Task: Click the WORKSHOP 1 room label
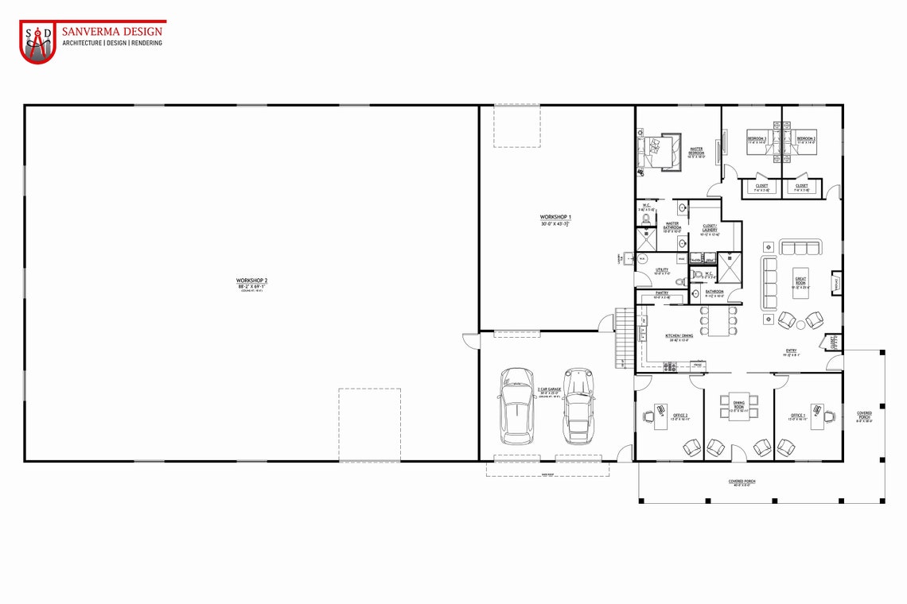[x=556, y=217]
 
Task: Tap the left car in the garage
[x=517, y=405]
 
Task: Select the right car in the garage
[x=578, y=405]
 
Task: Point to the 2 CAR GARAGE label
[x=550, y=389]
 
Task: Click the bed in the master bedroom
[x=657, y=150]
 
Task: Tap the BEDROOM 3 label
[x=757, y=139]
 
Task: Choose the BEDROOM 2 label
[x=806, y=139]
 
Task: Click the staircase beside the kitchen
[x=625, y=339]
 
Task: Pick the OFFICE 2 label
[x=680, y=415]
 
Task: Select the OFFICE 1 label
[x=798, y=415]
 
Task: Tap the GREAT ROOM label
[x=800, y=281]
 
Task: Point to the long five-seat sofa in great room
[x=769, y=283]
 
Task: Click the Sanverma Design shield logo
[x=37, y=42]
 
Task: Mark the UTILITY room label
[x=662, y=270]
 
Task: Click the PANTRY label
[x=661, y=292]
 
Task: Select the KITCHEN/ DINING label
[x=679, y=335]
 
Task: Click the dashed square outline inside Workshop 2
[x=369, y=424]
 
